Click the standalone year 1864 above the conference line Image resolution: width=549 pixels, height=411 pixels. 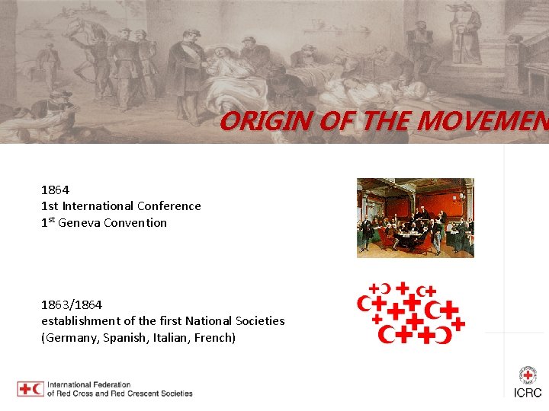coord(55,190)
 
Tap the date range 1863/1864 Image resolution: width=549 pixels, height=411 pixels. coord(72,304)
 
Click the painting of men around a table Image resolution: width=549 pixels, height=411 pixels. coord(415,218)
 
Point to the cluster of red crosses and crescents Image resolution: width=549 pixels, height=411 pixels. coord(411,311)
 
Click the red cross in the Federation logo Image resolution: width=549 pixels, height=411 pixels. coord(25,389)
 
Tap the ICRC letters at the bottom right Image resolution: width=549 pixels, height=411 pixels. coord(528,393)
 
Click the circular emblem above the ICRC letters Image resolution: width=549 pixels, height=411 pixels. coord(528,374)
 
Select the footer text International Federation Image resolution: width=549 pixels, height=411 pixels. coord(89,385)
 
